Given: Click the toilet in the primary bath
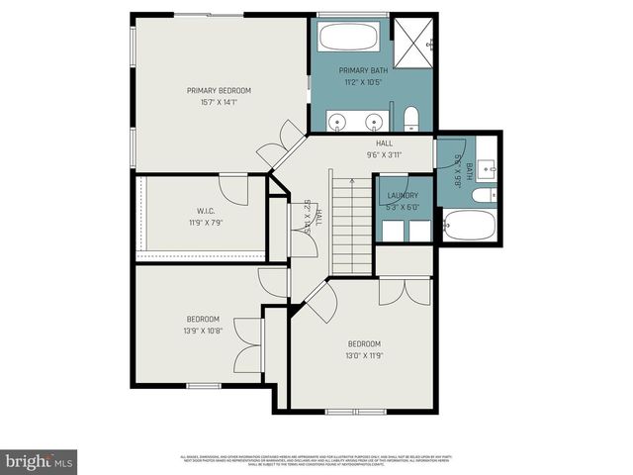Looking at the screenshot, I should pos(412,121).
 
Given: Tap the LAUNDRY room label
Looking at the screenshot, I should pos(402,196).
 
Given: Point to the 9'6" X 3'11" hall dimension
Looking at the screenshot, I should pos(384,154).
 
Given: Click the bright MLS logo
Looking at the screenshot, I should pos(40,460).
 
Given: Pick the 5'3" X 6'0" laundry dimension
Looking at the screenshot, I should pos(402,207).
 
